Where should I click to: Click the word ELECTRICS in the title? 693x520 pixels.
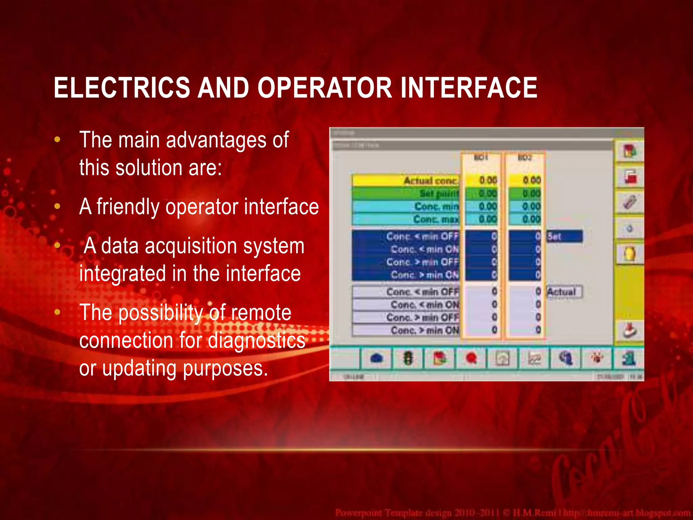click(122, 88)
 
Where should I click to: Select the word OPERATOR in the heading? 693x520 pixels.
click(325, 88)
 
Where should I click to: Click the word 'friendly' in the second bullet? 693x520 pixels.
click(128, 207)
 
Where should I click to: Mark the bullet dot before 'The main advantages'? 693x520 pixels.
click(57, 139)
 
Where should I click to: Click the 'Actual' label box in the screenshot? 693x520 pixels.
click(564, 291)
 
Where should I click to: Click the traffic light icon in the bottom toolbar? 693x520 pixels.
click(408, 358)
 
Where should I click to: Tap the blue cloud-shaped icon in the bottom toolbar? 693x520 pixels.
click(377, 358)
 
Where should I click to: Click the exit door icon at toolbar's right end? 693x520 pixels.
click(629, 358)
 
